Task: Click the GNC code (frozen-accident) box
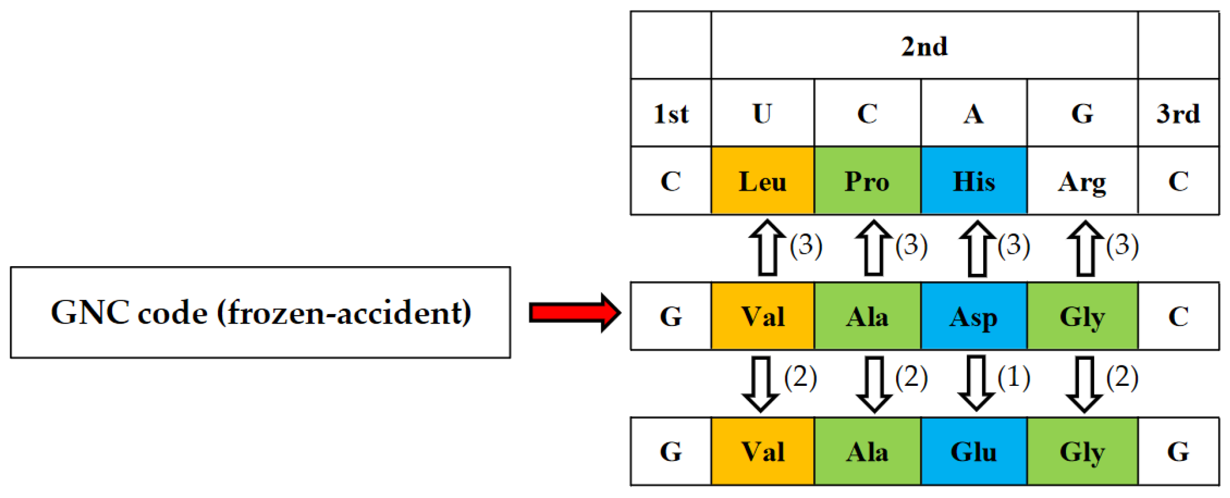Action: [x=260, y=313]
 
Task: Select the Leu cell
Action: [x=762, y=181]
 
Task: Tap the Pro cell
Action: [x=867, y=181]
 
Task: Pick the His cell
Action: [x=973, y=181]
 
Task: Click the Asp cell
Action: [x=973, y=316]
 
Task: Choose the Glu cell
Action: [x=973, y=451]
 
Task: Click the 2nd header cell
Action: [x=924, y=46]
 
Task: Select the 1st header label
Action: [x=670, y=114]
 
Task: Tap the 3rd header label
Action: [x=1178, y=114]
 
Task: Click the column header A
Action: [x=973, y=114]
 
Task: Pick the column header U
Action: [x=762, y=114]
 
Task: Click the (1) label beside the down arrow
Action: [x=1013, y=377]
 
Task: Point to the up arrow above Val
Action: [x=767, y=248]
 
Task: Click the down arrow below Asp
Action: [x=976, y=383]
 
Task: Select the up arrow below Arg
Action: [x=1085, y=248]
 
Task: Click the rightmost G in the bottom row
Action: [x=1178, y=451]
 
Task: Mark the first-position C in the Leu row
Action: [x=670, y=181]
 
